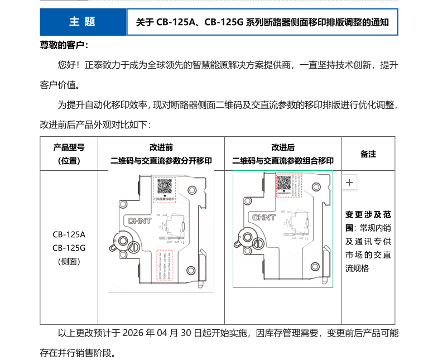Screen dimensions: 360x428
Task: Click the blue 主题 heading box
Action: pyautogui.click(x=83, y=22)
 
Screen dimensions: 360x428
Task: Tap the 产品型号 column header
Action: pyautogui.click(x=69, y=148)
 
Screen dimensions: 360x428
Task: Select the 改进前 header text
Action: pyautogui.click(x=161, y=148)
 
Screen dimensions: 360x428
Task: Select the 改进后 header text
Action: pyautogui.click(x=283, y=148)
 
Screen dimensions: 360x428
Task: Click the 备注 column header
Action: pyautogui.click(x=368, y=154)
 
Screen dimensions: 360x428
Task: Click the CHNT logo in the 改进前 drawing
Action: pyautogui.click(x=140, y=221)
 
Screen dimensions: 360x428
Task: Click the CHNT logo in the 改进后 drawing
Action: pyautogui.click(x=264, y=217)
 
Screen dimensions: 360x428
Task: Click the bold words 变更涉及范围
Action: pyautogui.click(x=368, y=220)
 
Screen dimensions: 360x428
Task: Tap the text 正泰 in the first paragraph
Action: pyautogui.click(x=94, y=65)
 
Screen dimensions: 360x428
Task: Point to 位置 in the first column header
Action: pyautogui.click(x=69, y=161)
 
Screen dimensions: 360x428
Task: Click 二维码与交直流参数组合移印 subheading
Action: pyautogui.click(x=283, y=161)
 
